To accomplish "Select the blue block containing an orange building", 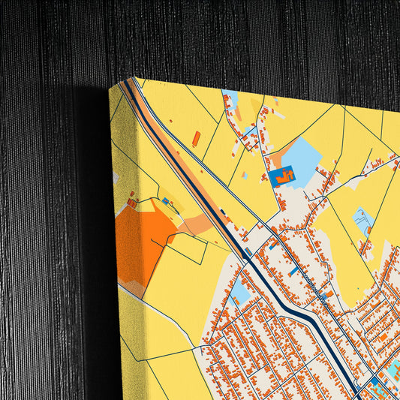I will click(283, 176).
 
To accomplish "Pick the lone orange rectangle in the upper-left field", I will click(197, 138).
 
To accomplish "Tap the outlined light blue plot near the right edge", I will click(364, 221).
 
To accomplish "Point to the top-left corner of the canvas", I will click(113, 86).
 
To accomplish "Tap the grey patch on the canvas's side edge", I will click(116, 178).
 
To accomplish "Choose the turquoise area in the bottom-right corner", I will click(391, 371).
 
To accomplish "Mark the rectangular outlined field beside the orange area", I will click(188, 248).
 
